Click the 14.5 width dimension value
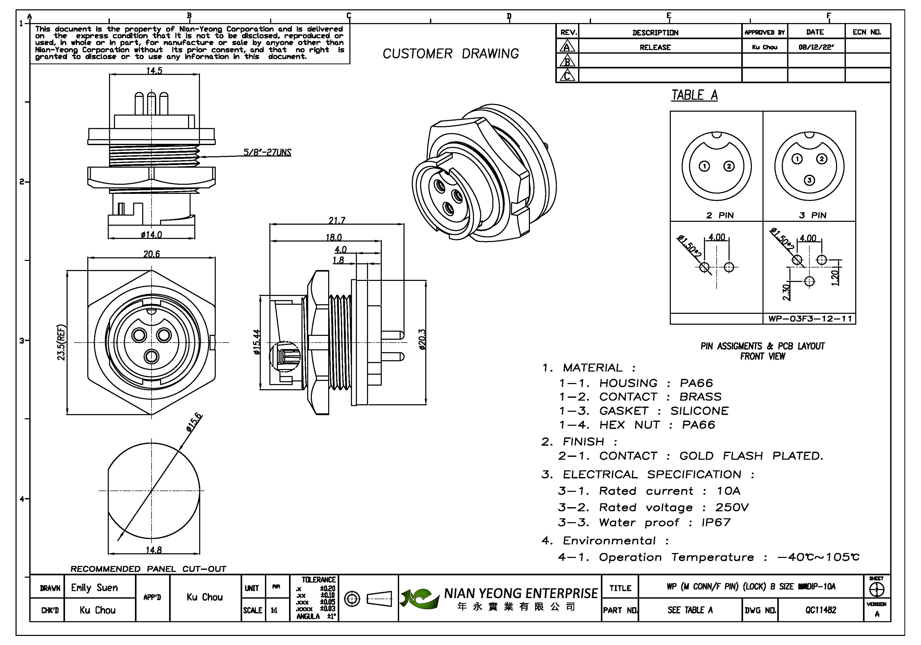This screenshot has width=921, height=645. pyautogui.click(x=154, y=71)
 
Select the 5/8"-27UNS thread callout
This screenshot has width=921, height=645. pyautogui.click(x=267, y=153)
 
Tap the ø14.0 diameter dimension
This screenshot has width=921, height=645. pyautogui.click(x=151, y=235)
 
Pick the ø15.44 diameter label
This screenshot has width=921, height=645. pyautogui.click(x=257, y=342)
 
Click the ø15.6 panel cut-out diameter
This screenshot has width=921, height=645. pyautogui.click(x=195, y=422)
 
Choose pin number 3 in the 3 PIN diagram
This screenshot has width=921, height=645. pyautogui.click(x=809, y=180)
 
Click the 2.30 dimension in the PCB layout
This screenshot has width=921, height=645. pyautogui.click(x=786, y=292)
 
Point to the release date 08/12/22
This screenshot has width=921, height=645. pyautogui.click(x=816, y=47)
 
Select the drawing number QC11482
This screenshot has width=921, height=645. pyautogui.click(x=820, y=610)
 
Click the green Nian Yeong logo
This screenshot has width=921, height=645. pyautogui.click(x=419, y=598)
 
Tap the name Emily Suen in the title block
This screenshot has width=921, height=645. pyautogui.click(x=95, y=588)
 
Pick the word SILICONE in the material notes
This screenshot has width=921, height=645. pyautogui.click(x=699, y=410)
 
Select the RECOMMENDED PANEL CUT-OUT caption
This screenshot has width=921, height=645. pyautogui.click(x=148, y=569)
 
